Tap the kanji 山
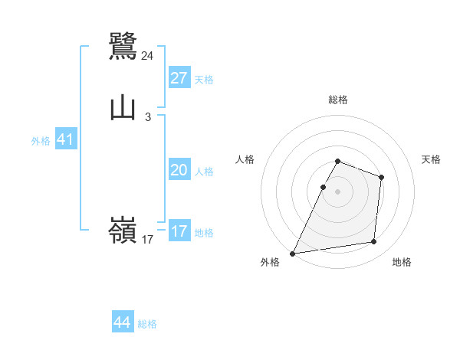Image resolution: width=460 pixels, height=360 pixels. click(123, 107)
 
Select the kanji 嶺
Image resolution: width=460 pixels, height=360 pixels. click(123, 231)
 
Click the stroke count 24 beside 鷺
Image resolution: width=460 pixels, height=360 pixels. click(148, 56)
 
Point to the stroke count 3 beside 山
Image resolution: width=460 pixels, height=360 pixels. click(147, 117)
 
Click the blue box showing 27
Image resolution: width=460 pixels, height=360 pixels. click(179, 77)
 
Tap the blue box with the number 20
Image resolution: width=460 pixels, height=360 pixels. click(179, 170)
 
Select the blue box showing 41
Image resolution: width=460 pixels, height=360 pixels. click(65, 140)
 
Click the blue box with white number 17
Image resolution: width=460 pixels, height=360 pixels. click(179, 231)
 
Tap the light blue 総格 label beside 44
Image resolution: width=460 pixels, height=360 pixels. click(147, 324)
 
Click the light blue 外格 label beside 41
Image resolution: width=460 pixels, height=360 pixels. click(41, 141)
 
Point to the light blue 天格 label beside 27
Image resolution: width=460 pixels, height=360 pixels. click(204, 80)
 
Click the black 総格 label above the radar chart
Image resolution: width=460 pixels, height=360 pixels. click(338, 100)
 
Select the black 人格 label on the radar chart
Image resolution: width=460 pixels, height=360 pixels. click(245, 159)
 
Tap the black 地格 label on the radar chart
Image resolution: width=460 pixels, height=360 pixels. click(402, 262)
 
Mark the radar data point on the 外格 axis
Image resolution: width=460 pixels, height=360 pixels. click(293, 254)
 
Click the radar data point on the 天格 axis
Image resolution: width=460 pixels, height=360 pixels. click(381, 178)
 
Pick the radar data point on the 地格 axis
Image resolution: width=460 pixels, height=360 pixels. click(374, 242)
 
